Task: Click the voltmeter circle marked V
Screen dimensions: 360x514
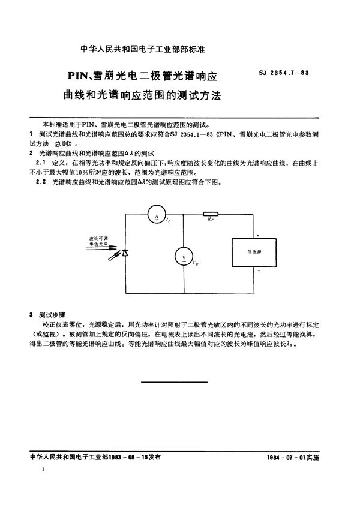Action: pyautogui.click(x=184, y=257)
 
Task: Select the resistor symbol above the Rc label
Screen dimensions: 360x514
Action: pyautogui.click(x=211, y=214)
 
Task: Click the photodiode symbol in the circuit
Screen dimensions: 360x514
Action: pyautogui.click(x=124, y=254)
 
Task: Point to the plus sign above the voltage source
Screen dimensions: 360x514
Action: pyautogui.click(x=258, y=235)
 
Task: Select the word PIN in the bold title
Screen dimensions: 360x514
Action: pyautogui.click(x=78, y=77)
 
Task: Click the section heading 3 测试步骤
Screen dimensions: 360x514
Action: pyautogui.click(x=47, y=314)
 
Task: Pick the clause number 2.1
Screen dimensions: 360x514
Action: pyautogui.click(x=40, y=162)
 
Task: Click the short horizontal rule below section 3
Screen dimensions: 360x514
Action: pyautogui.click(x=173, y=382)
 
